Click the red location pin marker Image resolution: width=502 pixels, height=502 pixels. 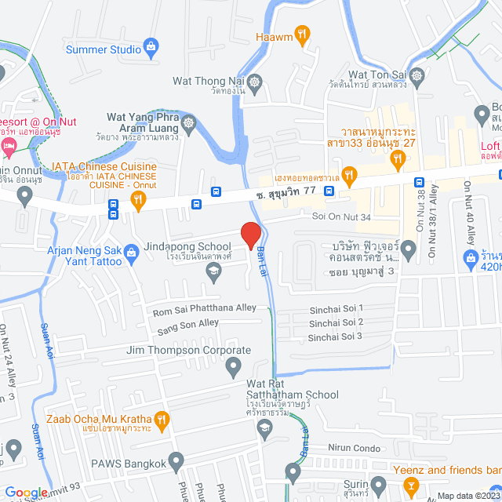click(x=250, y=235)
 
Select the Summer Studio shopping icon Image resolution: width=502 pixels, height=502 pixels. click(x=149, y=49)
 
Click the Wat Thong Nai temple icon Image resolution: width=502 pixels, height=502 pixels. click(x=255, y=81)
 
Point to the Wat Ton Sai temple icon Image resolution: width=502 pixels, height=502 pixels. click(x=417, y=76)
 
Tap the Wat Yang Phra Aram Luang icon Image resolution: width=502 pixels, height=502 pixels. click(x=188, y=123)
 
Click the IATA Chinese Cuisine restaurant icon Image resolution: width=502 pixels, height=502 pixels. click(x=139, y=199)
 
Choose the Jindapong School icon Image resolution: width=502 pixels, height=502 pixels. click(x=213, y=271)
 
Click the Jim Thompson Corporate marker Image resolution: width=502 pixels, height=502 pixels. click(x=233, y=365)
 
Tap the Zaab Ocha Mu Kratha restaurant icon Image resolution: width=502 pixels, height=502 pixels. click(x=162, y=419)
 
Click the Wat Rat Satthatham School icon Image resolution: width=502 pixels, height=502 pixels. click(x=264, y=427)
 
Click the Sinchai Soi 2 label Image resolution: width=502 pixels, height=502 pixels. click(x=336, y=322)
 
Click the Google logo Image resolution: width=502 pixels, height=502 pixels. click(x=25, y=493)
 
